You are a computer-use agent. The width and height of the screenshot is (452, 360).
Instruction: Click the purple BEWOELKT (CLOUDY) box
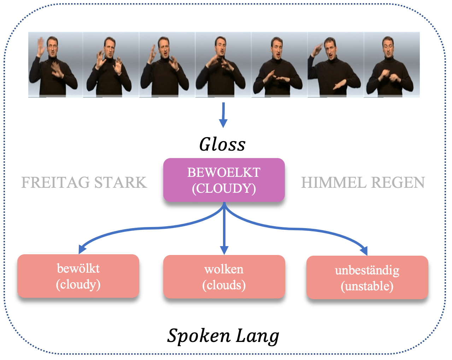coord(224,180)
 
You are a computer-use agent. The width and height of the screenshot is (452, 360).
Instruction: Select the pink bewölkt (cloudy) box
coord(78,276)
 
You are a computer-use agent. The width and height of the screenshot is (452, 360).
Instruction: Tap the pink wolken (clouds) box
coord(224,277)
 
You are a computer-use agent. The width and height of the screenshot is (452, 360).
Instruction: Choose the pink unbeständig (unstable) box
coord(367,278)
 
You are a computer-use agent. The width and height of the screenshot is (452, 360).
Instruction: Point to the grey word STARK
coord(120,182)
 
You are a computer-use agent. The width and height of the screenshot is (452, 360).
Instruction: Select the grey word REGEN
coord(398,182)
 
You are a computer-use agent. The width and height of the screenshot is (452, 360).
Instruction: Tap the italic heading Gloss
coord(222,144)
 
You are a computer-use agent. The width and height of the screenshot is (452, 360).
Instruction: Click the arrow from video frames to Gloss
coord(223,115)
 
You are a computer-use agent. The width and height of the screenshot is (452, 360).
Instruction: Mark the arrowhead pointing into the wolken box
coord(224,250)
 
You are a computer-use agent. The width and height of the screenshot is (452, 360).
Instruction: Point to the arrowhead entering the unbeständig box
coord(364,250)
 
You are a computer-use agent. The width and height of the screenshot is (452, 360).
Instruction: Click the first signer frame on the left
coord(55,64)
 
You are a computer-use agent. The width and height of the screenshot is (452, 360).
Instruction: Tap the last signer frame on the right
coord(392,64)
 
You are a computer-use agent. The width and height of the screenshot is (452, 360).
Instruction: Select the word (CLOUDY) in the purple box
coord(224,188)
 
